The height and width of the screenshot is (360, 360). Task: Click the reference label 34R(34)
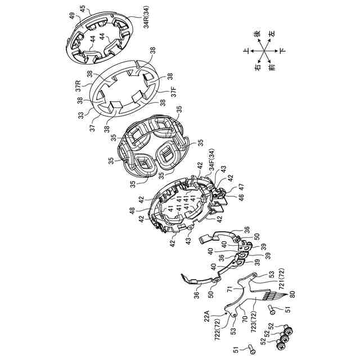(x=147, y=17)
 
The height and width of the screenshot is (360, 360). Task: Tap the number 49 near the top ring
(x=73, y=16)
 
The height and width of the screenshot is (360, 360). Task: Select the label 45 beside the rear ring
(x=83, y=9)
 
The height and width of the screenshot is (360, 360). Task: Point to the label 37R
(x=79, y=86)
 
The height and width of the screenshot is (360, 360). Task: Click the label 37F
(x=174, y=92)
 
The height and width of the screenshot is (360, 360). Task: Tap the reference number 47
(x=242, y=187)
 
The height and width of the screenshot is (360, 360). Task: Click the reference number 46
(x=241, y=197)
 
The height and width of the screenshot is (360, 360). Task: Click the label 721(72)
(x=282, y=278)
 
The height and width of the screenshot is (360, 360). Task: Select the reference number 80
(x=292, y=294)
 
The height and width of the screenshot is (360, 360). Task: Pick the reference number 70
(x=245, y=319)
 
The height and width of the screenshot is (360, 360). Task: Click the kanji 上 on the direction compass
(x=246, y=51)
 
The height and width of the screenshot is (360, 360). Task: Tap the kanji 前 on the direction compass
(x=272, y=67)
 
